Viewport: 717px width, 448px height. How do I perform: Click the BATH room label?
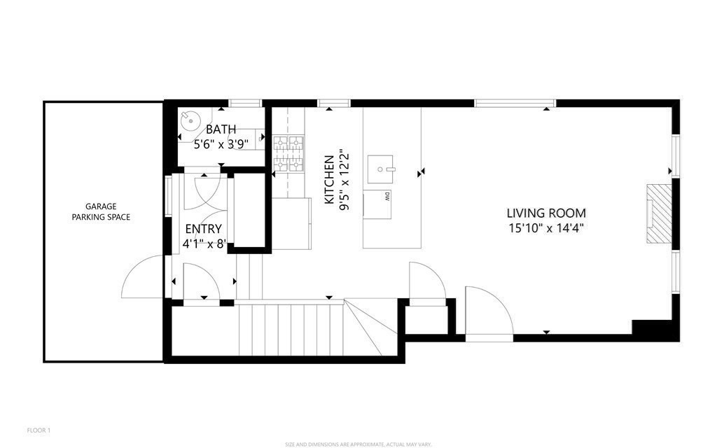coord(221,129)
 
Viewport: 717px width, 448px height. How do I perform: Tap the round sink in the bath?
coord(190,120)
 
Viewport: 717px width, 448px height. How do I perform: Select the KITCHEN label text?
coord(329,180)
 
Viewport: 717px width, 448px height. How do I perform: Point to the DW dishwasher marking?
coord(386,197)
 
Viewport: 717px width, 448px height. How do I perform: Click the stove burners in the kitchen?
coord(289,154)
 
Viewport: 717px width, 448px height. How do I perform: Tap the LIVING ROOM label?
coord(546,213)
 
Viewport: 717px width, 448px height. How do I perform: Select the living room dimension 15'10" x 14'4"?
coord(546,227)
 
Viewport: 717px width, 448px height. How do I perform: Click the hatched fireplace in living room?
coord(657,213)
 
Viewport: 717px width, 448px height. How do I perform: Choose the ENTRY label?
coord(203,229)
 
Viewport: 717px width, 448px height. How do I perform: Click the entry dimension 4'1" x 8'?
coord(203,244)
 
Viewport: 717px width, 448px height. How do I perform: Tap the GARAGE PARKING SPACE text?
coord(101,211)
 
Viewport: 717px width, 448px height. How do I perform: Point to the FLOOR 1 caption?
coord(39,430)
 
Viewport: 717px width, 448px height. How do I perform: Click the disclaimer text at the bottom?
coord(358,444)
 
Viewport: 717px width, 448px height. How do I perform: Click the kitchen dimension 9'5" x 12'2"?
coord(343,180)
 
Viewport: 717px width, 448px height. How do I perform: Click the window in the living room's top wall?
coord(515,104)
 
